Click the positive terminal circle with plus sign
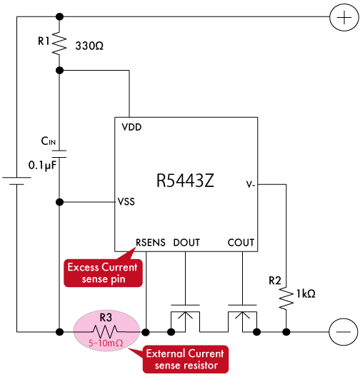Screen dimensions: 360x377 coord(344,18)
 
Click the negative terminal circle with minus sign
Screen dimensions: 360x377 coord(344,332)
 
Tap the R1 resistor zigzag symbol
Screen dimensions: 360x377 coord(59,44)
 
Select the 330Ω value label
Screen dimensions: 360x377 coord(89,46)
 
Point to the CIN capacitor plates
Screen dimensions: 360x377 coord(59,154)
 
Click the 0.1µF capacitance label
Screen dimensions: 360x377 coord(43,166)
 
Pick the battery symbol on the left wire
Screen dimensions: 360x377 coord(16,181)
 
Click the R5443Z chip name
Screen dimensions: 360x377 coord(185,181)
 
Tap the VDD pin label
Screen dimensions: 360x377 coord(131,127)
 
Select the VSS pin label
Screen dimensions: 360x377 coord(126,201)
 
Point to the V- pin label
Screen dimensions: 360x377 coord(250,185)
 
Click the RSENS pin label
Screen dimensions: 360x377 coord(151,243)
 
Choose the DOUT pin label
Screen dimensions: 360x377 coord(186,243)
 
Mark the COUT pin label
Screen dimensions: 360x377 coord(241,243)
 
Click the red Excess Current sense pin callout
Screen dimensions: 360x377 coord(103,273)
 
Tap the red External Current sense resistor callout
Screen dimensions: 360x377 coord(186,359)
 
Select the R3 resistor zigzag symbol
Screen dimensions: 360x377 coord(106,332)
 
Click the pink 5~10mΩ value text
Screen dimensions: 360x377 coord(106,343)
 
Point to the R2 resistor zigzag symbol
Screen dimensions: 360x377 coord(286,298)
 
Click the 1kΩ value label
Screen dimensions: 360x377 coord(306,293)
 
